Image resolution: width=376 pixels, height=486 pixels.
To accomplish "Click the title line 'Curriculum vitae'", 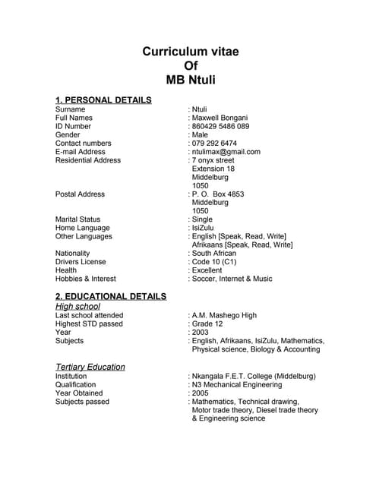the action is pyautogui.click(x=191, y=52).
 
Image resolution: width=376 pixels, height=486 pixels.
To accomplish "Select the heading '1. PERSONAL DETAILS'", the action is pyautogui.click(x=103, y=99).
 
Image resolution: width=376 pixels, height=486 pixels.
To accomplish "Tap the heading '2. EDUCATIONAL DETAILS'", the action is pyautogui.click(x=111, y=295).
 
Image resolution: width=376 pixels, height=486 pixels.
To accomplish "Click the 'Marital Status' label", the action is pyautogui.click(x=77, y=219).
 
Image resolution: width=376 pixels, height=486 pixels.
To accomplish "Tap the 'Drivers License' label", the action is pyautogui.click(x=81, y=262).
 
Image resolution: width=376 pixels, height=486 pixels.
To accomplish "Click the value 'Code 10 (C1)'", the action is pyautogui.click(x=214, y=262).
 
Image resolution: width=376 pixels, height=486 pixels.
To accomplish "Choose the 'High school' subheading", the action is pyautogui.click(x=77, y=306).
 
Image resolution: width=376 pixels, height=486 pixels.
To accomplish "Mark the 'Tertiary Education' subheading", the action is pyautogui.click(x=90, y=367).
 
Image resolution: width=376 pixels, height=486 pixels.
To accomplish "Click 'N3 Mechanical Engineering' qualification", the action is pyautogui.click(x=239, y=384).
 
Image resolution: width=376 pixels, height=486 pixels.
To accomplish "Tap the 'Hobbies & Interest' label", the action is pyautogui.click(x=86, y=279).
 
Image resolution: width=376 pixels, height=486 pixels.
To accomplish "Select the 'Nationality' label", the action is pyautogui.click(x=73, y=254).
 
